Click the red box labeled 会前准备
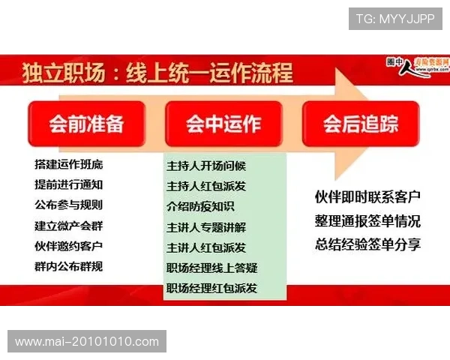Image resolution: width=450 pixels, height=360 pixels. (85, 124)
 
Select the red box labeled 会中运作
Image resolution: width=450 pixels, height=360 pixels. (223, 124)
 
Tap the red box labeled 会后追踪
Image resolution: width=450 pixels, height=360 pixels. (361, 124)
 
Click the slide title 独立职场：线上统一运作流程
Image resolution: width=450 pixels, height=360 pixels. (157, 73)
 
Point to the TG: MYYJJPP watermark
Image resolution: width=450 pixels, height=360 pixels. (395, 19)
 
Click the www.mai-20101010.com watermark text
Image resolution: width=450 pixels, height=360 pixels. (87, 341)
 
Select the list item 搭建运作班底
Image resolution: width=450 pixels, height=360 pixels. (69, 164)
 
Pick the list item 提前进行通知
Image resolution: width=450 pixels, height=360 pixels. (69, 184)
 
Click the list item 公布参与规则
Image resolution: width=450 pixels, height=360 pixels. (69, 205)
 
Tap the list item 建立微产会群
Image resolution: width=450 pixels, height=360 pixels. (69, 225)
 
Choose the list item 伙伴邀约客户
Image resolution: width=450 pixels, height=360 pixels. (69, 245)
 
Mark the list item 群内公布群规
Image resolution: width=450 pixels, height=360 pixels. (69, 265)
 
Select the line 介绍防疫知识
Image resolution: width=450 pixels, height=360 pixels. (200, 206)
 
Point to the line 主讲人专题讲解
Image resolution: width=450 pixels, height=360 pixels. (206, 226)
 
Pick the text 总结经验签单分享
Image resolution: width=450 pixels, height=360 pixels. (367, 243)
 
